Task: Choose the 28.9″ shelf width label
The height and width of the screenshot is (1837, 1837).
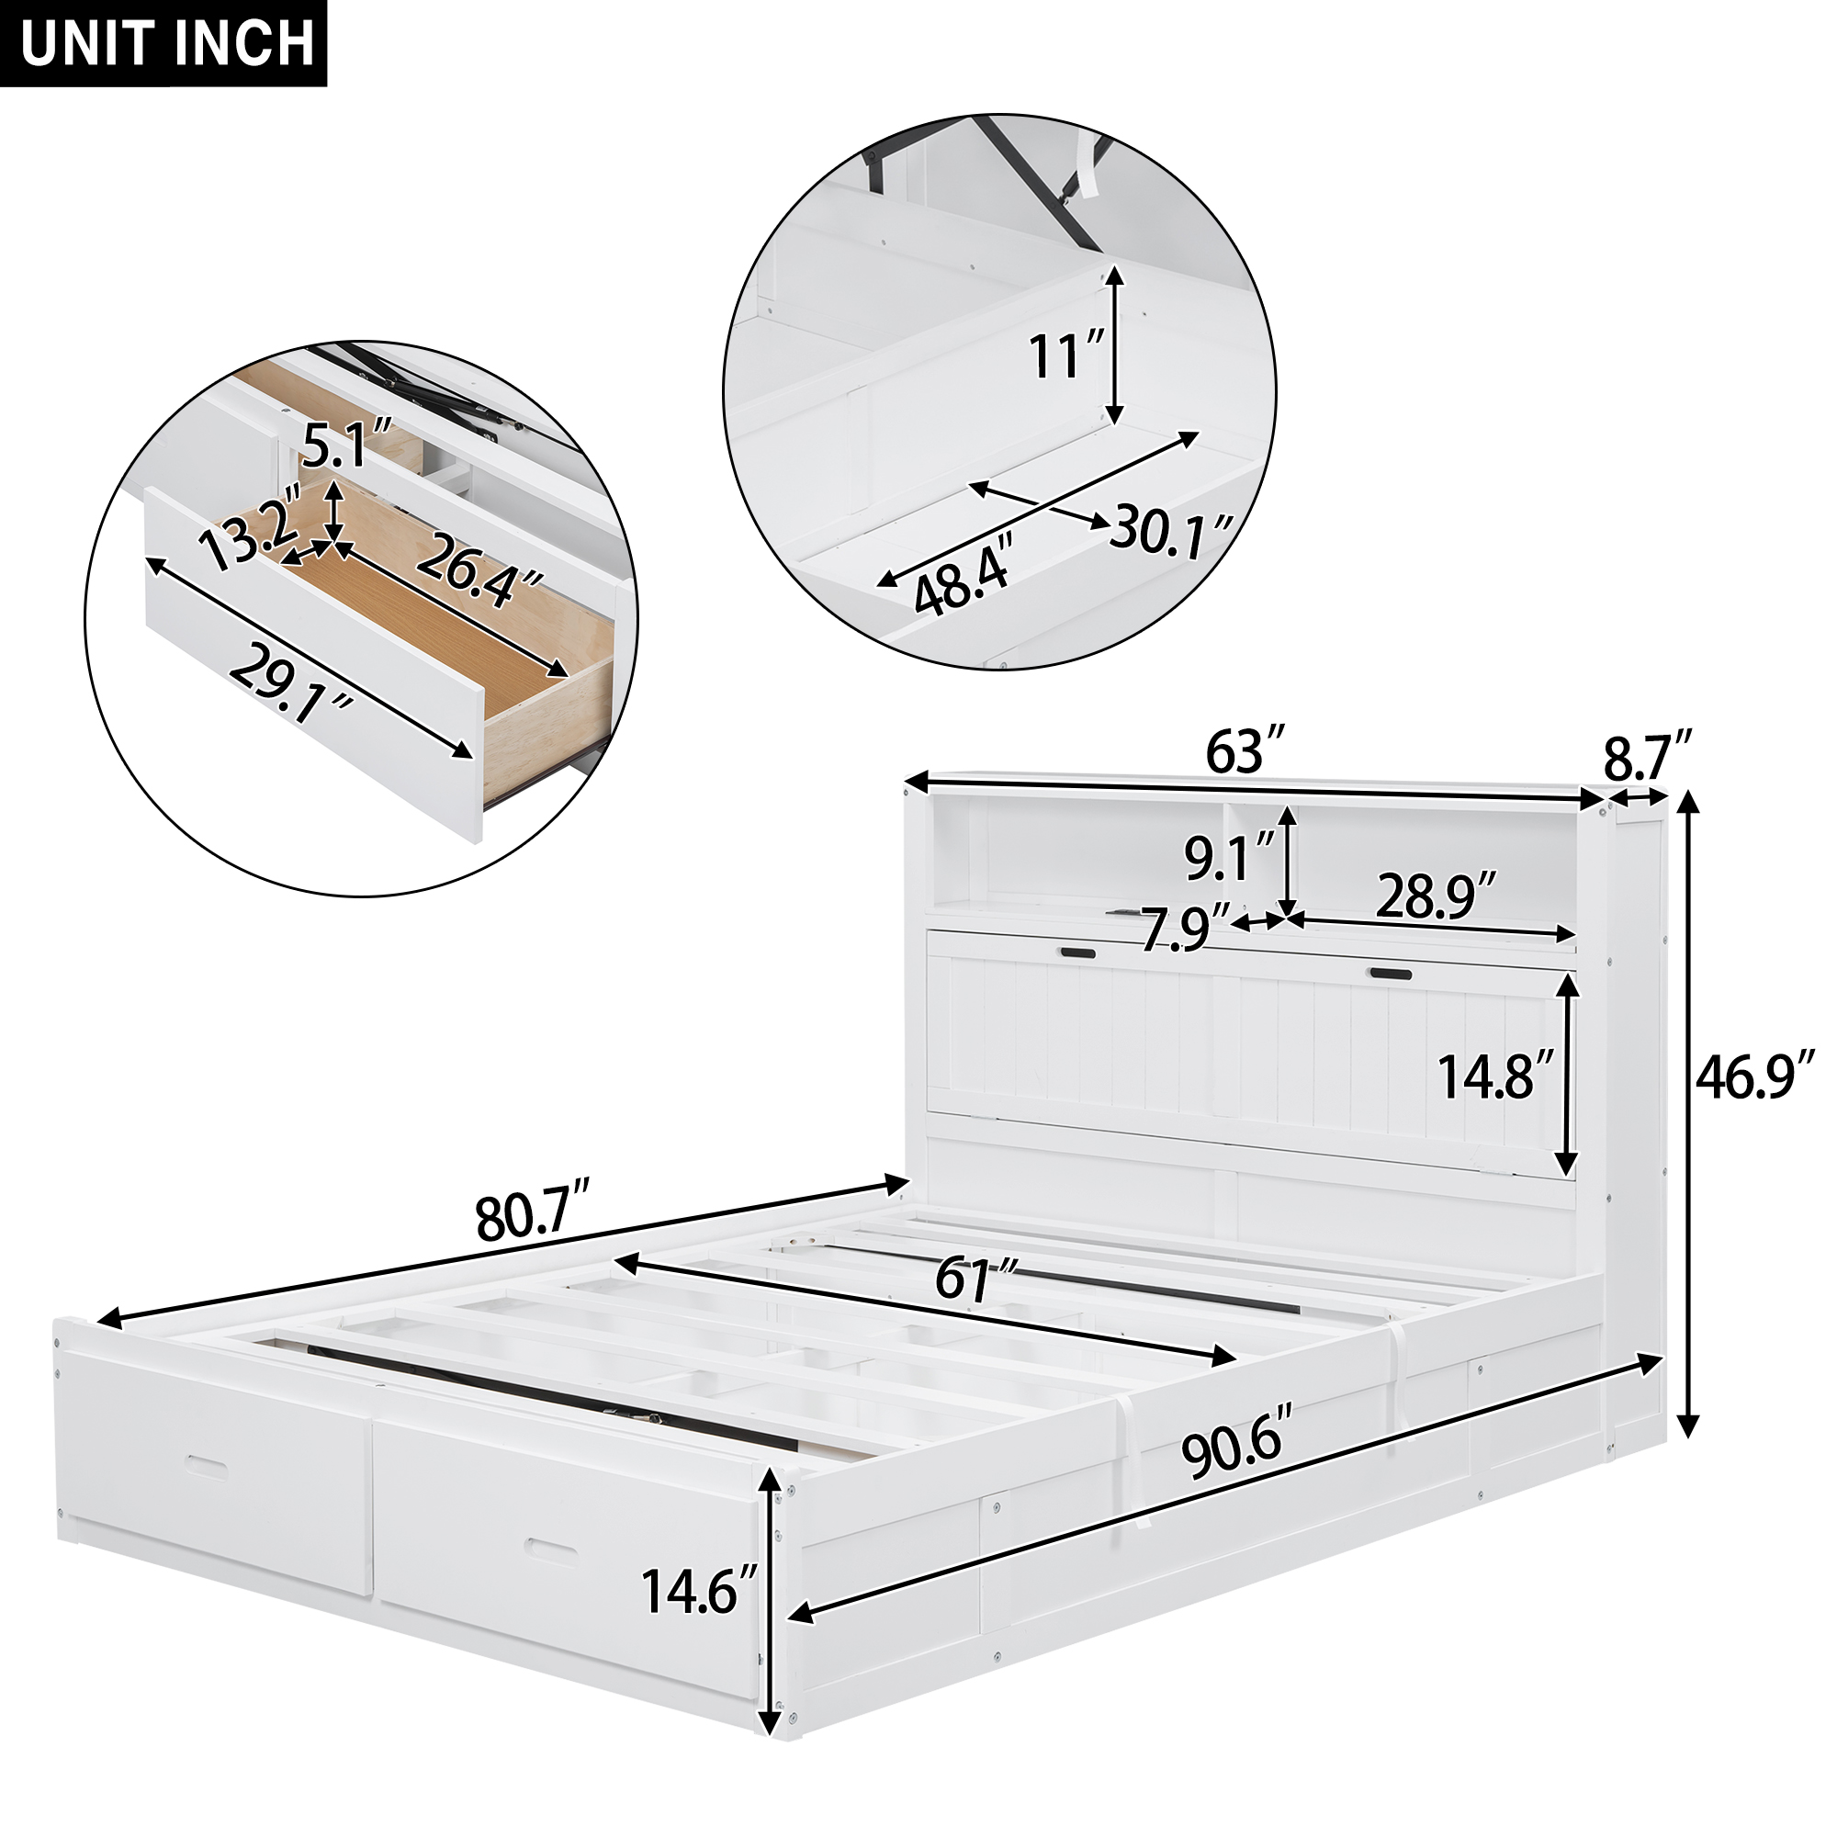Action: point(1437,896)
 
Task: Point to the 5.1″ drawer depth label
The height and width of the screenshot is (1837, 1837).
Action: point(334,447)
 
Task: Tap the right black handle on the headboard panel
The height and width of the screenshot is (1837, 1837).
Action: point(1389,973)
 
